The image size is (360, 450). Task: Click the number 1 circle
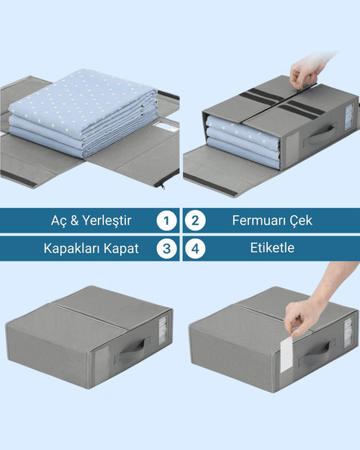pyautogui.click(x=166, y=220)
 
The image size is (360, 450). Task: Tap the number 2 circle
pyautogui.click(x=195, y=220)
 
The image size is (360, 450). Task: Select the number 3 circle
pyautogui.click(x=166, y=248)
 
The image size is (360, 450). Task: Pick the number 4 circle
pyautogui.click(x=195, y=248)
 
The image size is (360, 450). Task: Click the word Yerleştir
pyautogui.click(x=107, y=221)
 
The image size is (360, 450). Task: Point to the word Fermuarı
pyautogui.click(x=258, y=220)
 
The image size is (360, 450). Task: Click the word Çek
pyautogui.click(x=300, y=220)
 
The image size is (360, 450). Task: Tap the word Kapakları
pyautogui.click(x=72, y=248)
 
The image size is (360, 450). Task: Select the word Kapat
pyautogui.click(x=121, y=248)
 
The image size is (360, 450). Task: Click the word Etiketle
pyautogui.click(x=272, y=248)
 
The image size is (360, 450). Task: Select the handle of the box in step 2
pyautogui.click(x=319, y=135)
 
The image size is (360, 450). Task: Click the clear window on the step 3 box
pyautogui.click(x=163, y=330)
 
